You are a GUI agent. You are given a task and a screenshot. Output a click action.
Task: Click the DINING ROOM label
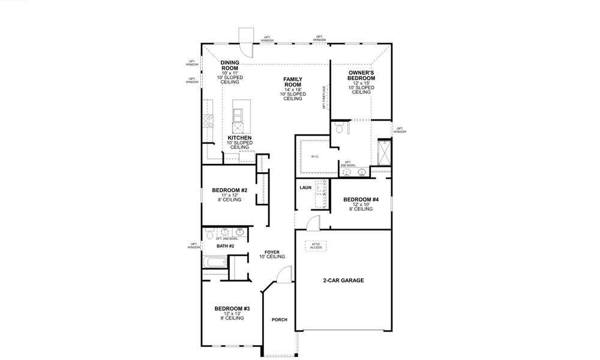pos(230,65)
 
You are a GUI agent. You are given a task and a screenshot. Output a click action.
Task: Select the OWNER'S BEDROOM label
pos(361,75)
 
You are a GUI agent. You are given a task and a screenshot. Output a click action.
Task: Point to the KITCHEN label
pos(239,138)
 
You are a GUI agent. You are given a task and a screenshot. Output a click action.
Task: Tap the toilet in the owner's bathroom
pos(339,128)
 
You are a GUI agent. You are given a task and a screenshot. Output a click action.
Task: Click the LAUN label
pos(305,188)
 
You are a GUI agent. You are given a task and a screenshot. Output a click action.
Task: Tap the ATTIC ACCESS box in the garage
pos(316,245)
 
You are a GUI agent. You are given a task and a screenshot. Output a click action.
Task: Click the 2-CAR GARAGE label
pos(344,280)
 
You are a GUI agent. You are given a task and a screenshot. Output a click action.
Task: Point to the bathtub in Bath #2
pos(214,263)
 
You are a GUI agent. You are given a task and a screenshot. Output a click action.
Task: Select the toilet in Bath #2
pos(208,232)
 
